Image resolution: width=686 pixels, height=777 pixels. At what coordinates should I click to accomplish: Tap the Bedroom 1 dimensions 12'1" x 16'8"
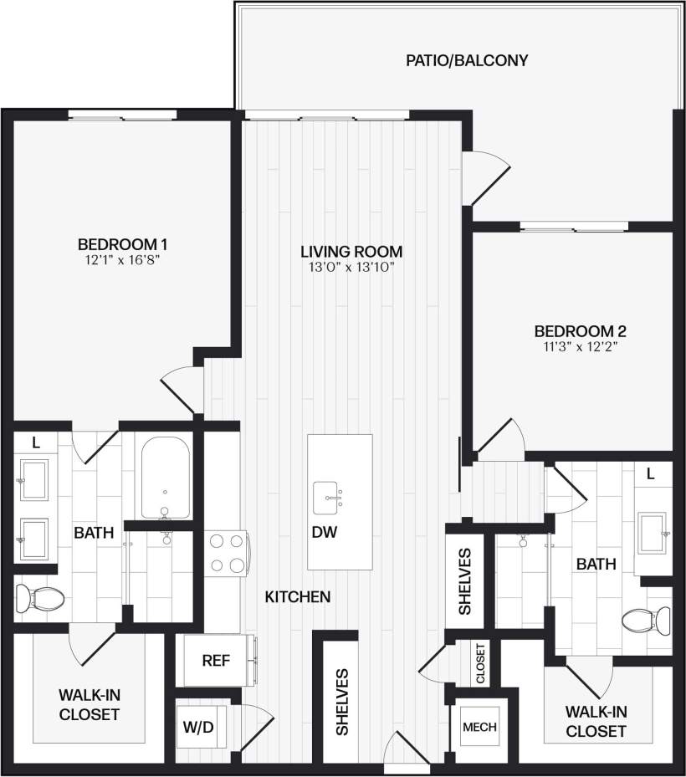coord(123,260)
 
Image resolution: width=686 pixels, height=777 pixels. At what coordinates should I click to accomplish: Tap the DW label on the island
coord(325,532)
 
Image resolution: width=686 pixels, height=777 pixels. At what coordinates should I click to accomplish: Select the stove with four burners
coord(228,554)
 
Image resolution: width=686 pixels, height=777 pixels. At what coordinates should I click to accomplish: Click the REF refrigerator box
coord(216,660)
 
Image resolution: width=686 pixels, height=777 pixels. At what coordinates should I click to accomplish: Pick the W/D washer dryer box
coord(198,726)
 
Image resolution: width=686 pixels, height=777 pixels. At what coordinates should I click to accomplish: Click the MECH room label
coord(479,727)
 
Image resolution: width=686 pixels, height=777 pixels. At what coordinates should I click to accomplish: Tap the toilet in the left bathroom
coord(40,597)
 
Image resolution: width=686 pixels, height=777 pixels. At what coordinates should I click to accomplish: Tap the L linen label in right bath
coord(652,473)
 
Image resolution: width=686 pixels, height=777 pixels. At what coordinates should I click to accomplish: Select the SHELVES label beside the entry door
coord(342,701)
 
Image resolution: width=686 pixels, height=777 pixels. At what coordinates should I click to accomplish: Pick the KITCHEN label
coord(297,597)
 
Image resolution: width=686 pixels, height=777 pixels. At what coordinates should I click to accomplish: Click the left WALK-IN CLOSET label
coord(89,704)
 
